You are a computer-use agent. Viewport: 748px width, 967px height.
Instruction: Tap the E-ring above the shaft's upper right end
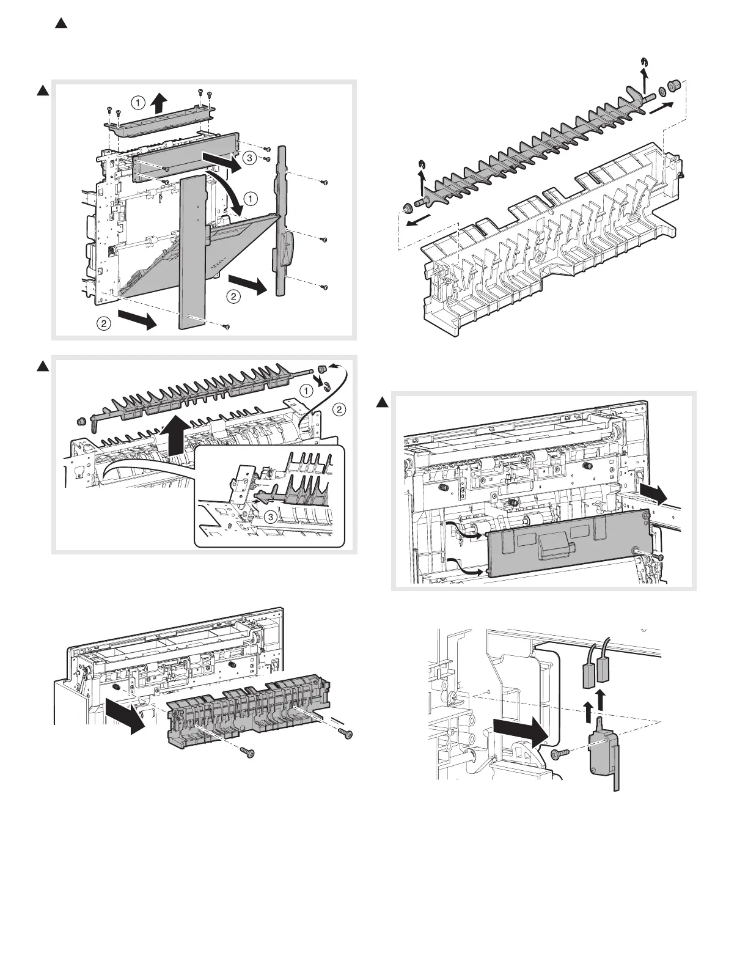[x=645, y=61]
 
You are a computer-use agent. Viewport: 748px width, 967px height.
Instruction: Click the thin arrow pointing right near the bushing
[x=664, y=108]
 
